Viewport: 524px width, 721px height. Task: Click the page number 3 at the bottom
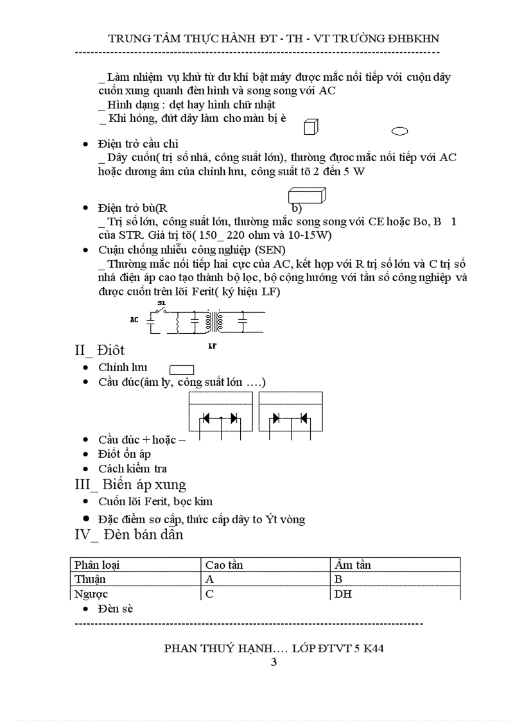click(x=274, y=663)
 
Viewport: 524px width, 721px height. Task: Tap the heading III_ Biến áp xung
click(x=131, y=485)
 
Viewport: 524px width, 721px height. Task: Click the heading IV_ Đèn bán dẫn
click(x=129, y=534)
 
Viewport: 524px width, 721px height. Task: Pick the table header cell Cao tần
click(x=224, y=565)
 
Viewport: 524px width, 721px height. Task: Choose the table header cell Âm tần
click(x=353, y=565)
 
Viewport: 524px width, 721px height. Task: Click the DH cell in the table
click(x=343, y=594)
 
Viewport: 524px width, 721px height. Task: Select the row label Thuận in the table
click(x=90, y=579)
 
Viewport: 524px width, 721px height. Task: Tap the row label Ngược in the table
click(x=91, y=594)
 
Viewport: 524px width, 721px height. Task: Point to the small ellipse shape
click(x=399, y=132)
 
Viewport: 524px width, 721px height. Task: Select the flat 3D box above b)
click(x=308, y=195)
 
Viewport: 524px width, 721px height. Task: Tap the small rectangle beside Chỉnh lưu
click(x=182, y=370)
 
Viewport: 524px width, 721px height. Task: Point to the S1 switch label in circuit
click(x=161, y=302)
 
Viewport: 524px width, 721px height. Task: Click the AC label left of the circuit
click(x=134, y=319)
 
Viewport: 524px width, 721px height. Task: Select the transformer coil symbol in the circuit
click(x=213, y=322)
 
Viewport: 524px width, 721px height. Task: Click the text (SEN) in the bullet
click(x=270, y=249)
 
